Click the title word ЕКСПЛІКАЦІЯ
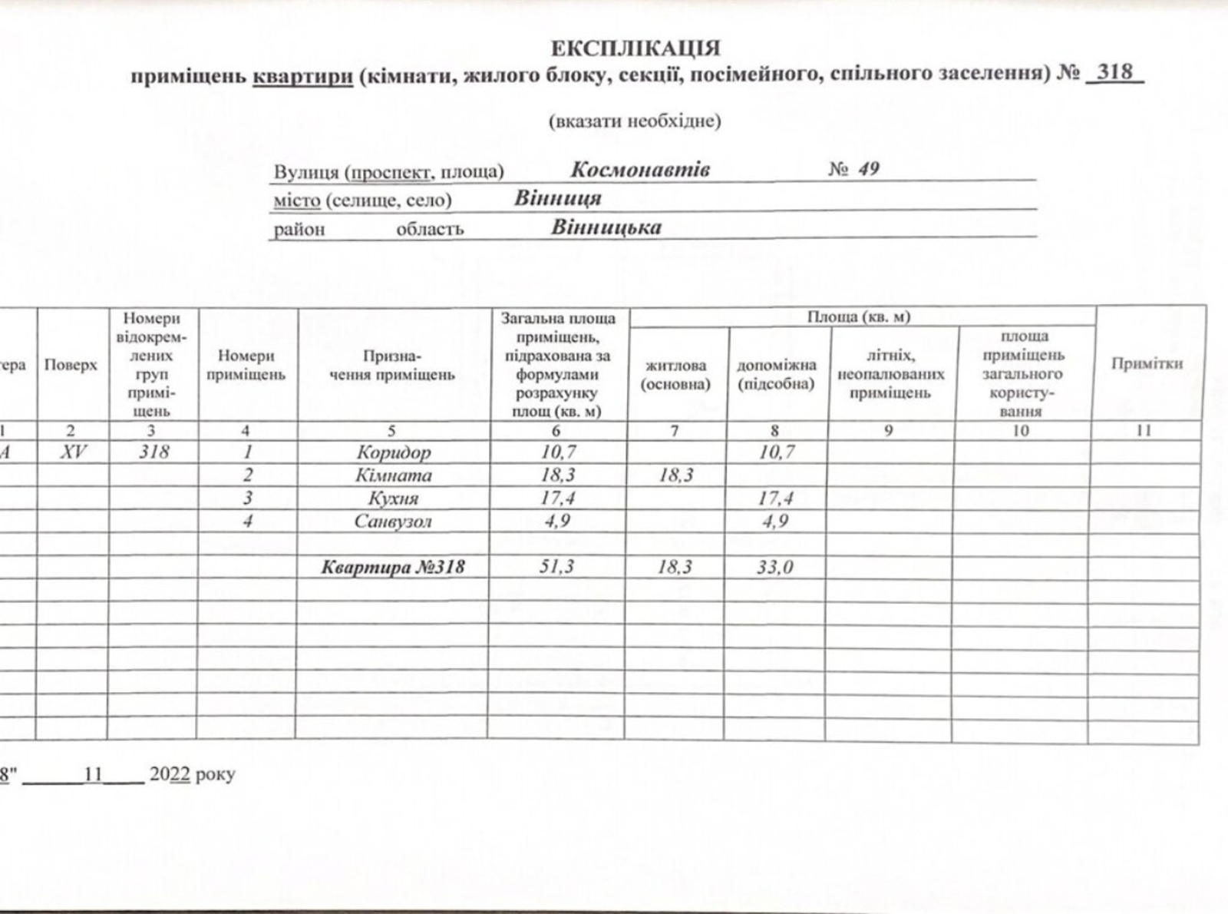coord(636,48)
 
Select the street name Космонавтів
coord(639,169)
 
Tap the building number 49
coord(868,169)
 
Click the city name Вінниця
coord(557,198)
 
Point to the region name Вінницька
coord(606,227)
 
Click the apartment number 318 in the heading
coord(1115,71)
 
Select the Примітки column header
coord(1147,364)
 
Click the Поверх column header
coord(71,365)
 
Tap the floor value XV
coord(73,452)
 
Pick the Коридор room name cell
coord(393,452)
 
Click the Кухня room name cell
coord(393,498)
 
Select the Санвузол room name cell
coord(393,522)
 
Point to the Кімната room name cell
coord(393,475)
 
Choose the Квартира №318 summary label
coord(393,568)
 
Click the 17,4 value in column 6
coord(557,498)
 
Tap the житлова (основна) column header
coord(675,375)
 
